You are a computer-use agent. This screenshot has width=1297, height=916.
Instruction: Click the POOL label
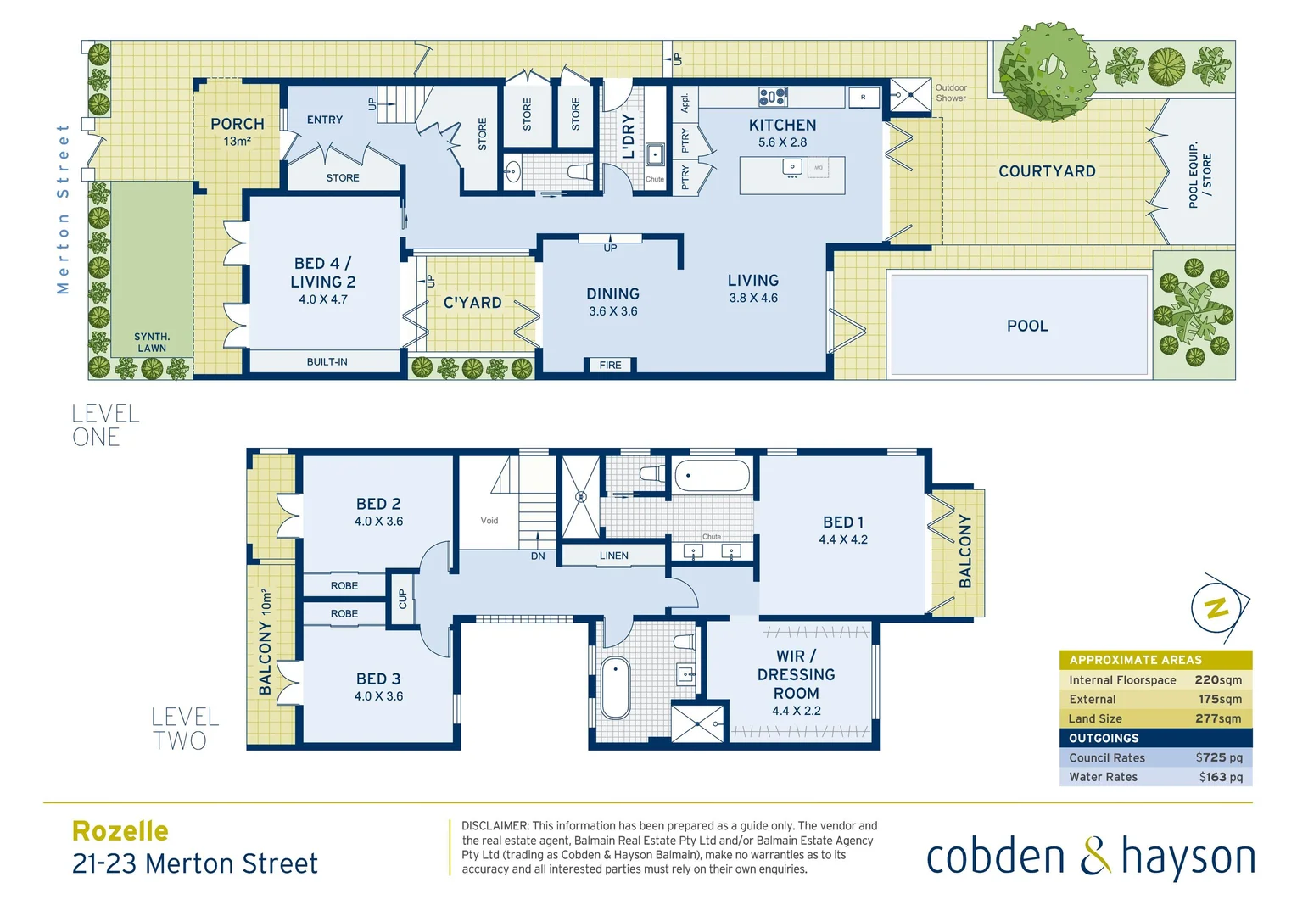1027,326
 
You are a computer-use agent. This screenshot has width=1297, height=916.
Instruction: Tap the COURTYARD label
1047,171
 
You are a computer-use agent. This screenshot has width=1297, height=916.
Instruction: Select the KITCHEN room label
782,126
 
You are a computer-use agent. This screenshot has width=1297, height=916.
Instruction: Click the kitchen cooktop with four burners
773,97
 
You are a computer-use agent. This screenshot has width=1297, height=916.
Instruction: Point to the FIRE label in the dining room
610,366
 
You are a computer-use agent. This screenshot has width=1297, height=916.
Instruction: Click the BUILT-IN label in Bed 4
327,362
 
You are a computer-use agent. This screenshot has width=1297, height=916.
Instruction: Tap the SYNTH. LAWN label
152,343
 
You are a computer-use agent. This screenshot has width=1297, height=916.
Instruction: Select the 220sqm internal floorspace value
1217,680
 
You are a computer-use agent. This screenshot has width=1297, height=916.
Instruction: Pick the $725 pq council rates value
1218,757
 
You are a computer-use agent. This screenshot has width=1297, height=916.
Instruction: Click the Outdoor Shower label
951,92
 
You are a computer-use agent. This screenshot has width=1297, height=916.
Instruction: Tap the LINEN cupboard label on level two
613,556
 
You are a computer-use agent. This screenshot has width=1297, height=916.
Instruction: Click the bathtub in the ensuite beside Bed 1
712,476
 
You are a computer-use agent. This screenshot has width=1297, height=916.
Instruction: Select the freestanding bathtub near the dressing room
615,688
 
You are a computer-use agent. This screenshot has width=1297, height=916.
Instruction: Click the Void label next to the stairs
489,521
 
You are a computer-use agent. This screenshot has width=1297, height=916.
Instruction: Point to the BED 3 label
378,679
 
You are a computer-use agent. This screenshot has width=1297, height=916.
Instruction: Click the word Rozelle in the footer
120,831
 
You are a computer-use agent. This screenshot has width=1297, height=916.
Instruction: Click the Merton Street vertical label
63,209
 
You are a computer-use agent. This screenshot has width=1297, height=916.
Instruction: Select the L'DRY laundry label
629,137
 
